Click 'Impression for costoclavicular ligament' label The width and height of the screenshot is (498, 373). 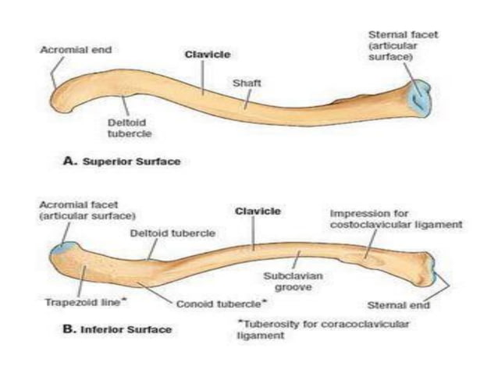[396, 218]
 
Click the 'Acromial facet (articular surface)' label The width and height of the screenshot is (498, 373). [85, 210]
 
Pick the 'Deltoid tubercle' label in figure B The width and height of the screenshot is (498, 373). [185, 233]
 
